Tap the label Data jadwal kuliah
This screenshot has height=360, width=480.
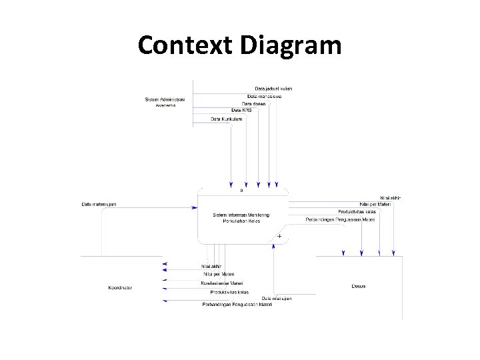tap(273, 88)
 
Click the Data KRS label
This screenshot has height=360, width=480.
tap(241, 110)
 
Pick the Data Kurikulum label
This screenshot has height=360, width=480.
tap(227, 119)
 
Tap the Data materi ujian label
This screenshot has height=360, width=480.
tap(99, 204)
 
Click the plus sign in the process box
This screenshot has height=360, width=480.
tap(279, 236)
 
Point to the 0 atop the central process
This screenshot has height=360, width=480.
tap(241, 191)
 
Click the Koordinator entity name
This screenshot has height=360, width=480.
tap(120, 287)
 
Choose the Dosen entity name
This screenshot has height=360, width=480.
tap(359, 286)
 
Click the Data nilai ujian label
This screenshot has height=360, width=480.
tap(277, 298)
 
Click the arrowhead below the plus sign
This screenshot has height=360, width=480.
tap(274, 246)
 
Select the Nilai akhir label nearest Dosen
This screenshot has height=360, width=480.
tap(390, 197)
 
